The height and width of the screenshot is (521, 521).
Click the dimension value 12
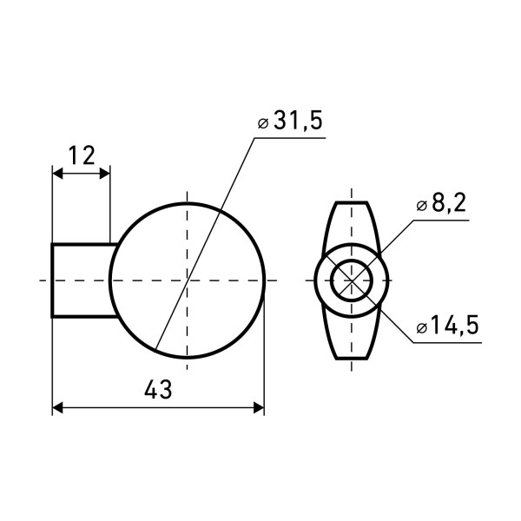tap(82, 155)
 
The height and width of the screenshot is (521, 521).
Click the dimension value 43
tap(158, 389)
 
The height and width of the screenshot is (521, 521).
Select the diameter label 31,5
tap(298, 120)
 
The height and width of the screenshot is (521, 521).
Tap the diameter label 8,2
tap(449, 202)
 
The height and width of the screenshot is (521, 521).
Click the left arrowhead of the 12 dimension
tap(58, 174)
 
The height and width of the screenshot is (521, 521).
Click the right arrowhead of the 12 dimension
tap(105, 174)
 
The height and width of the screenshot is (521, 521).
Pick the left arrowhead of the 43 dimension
tap(58, 407)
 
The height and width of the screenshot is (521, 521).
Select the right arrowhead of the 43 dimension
tap(259, 407)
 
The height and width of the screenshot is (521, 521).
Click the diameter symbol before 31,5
tap(263, 123)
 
